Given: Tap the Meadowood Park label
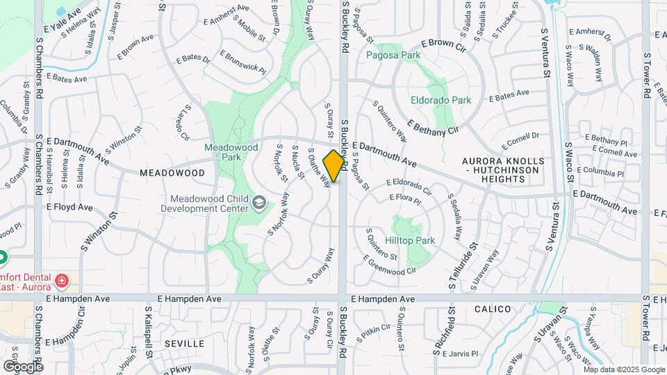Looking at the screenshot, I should coord(223,152).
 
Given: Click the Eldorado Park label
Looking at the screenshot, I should coord(440,100).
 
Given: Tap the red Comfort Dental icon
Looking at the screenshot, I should coord(62,281).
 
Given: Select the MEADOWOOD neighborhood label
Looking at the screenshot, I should coord(172,172).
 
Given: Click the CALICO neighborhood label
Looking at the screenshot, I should coord(493,309).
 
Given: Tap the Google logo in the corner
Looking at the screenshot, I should coord(23,366).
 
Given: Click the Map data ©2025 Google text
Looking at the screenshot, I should coord(625,370).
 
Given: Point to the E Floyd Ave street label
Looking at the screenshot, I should coord(69,207).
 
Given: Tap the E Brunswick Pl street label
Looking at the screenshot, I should coord(243,62).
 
